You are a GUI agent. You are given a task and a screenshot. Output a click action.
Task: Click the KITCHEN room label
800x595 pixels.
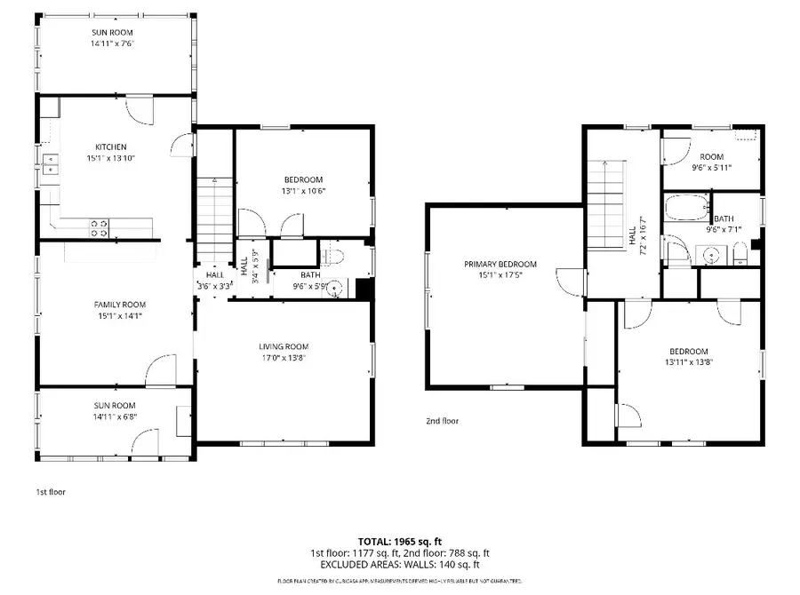click(111, 147)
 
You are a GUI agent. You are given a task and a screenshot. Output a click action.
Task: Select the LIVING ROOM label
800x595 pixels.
click(284, 346)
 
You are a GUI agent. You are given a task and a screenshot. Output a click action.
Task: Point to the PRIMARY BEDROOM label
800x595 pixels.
click(500, 264)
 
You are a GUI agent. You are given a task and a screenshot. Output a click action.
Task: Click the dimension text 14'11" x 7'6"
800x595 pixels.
click(112, 43)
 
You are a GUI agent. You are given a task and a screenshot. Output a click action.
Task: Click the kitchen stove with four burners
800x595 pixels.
click(99, 228)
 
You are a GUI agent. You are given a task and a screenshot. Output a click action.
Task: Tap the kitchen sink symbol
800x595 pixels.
click(51, 163)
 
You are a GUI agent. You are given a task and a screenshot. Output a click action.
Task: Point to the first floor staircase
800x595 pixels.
click(213, 209)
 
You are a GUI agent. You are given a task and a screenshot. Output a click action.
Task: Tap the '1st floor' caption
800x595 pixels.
click(51, 491)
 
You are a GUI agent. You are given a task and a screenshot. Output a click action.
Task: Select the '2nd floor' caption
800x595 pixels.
click(443, 421)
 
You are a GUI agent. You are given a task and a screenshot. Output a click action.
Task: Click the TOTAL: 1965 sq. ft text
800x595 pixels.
click(399, 541)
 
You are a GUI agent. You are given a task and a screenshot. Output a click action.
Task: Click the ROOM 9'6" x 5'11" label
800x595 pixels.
click(711, 162)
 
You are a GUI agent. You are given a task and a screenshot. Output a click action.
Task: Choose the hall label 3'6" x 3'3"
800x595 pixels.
click(214, 286)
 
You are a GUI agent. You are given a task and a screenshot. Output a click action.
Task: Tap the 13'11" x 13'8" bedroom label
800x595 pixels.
click(689, 356)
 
